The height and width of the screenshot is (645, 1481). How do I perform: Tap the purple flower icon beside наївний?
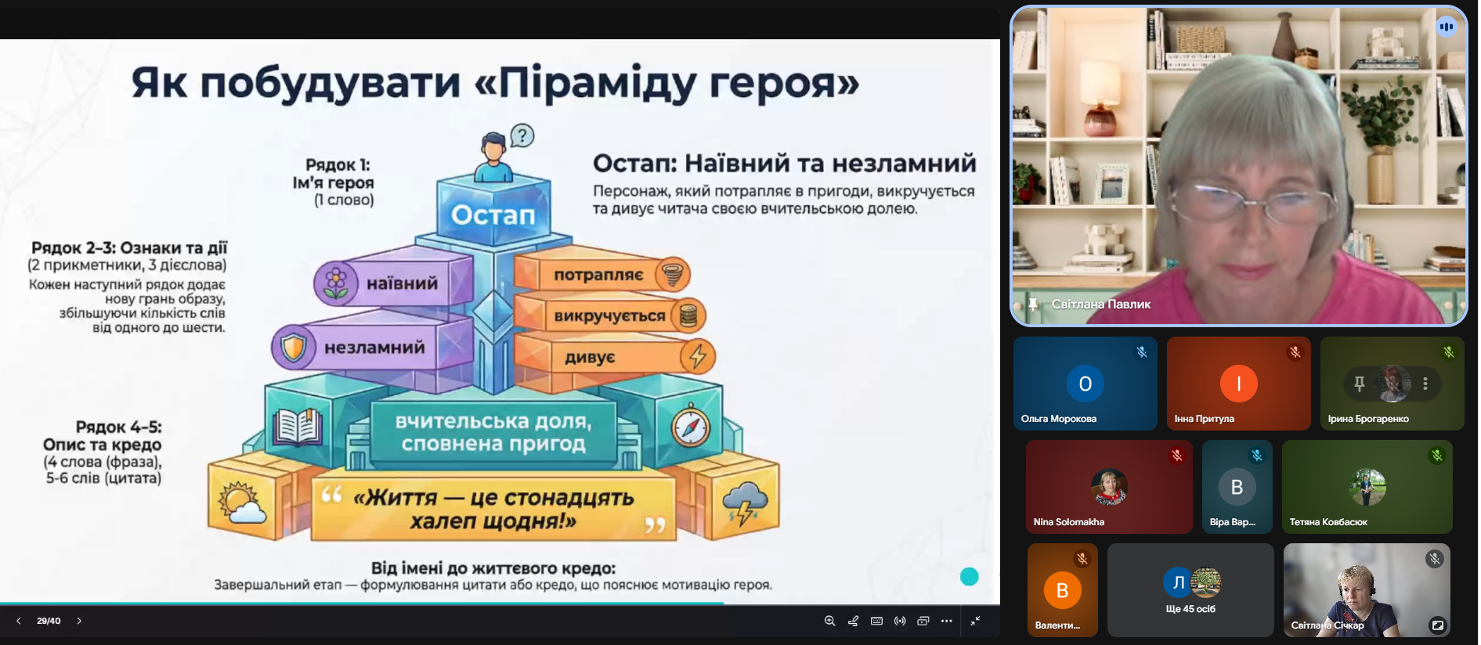tap(336, 283)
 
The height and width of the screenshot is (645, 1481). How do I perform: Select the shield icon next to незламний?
tap(294, 347)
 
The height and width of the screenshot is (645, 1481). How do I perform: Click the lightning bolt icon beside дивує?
tap(697, 356)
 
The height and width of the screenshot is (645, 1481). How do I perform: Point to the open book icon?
tap(298, 427)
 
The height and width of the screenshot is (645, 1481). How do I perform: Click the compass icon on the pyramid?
tap(690, 427)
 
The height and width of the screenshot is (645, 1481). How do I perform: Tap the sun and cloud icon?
tap(243, 502)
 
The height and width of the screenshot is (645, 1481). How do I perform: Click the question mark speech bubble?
tap(522, 136)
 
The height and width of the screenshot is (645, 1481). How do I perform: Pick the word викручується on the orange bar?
tap(609, 316)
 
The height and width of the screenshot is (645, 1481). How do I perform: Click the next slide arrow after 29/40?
tap(79, 621)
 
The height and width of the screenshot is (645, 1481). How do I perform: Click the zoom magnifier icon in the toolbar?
tap(829, 621)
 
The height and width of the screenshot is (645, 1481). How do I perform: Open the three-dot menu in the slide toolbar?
tap(947, 621)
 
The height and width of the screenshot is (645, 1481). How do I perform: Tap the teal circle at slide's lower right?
tap(970, 577)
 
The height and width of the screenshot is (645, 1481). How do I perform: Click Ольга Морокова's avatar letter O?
tap(1085, 384)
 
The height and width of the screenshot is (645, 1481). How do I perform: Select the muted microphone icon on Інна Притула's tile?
tap(1295, 352)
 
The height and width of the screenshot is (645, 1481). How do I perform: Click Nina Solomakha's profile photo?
tap(1109, 487)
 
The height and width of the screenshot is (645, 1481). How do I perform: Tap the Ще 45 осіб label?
tap(1190, 609)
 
